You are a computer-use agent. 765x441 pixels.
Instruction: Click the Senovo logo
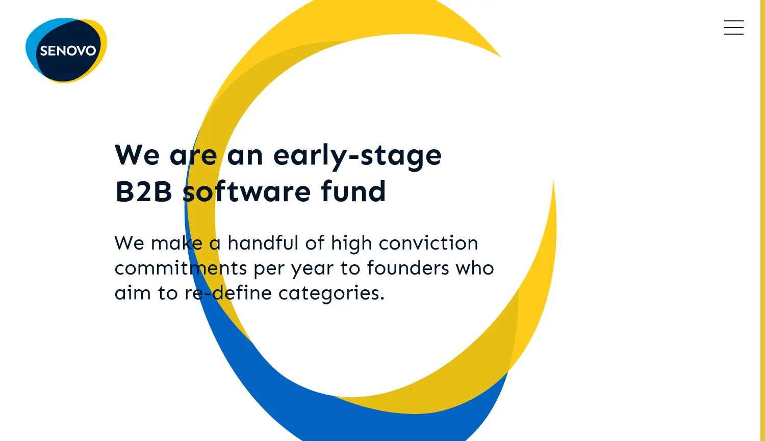click(x=66, y=50)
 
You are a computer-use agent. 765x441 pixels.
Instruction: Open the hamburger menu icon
click(x=733, y=27)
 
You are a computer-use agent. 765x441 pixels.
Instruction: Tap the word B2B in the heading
click(x=144, y=191)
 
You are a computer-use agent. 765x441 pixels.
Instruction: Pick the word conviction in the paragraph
click(x=428, y=243)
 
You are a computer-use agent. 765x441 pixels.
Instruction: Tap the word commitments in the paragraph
click(x=181, y=268)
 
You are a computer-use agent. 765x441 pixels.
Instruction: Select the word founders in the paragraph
click(x=408, y=268)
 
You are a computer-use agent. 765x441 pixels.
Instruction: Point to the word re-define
click(x=228, y=293)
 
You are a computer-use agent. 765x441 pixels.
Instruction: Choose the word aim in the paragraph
click(x=133, y=293)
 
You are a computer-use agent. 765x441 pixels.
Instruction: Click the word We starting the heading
click(x=137, y=155)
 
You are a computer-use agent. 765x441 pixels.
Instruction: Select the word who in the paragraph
click(x=475, y=268)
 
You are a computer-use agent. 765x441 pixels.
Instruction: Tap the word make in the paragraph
click(x=176, y=243)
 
